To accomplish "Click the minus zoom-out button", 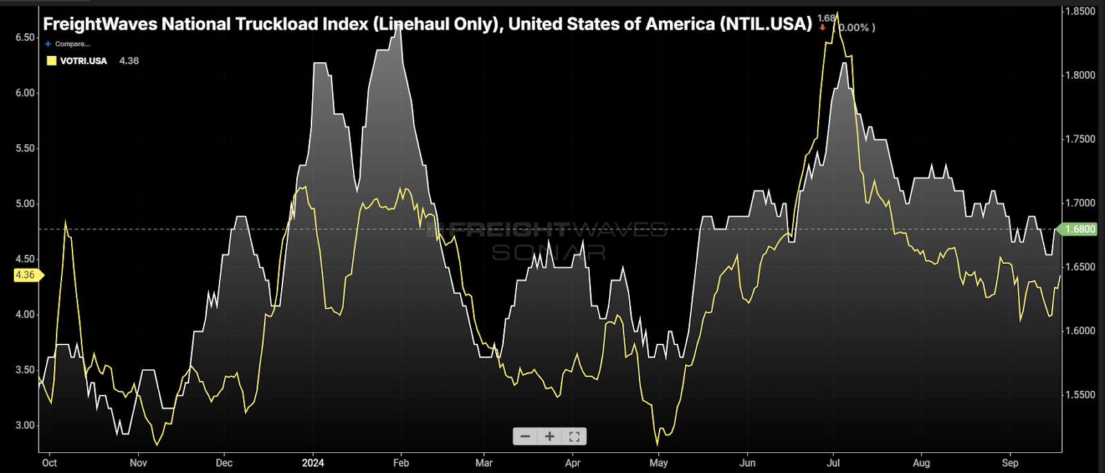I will click(526, 436).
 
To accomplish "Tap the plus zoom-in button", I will click(550, 436).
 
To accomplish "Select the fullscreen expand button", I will click(574, 436).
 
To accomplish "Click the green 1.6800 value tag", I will click(1079, 229).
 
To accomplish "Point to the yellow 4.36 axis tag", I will click(26, 275).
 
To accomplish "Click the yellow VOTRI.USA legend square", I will click(51, 61).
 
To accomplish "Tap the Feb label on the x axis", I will click(401, 463).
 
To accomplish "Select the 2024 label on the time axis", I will click(313, 463).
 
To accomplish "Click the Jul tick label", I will click(834, 463).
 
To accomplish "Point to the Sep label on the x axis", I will click(1010, 463).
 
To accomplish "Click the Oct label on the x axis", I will click(49, 463).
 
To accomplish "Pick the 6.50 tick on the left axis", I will click(25, 37).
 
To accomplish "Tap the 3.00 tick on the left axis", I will click(25, 425).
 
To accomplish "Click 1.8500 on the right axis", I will click(1080, 11).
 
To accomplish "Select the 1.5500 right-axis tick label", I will click(1080, 395).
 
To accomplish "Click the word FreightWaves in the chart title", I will click(98, 24).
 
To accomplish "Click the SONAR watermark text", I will click(548, 253).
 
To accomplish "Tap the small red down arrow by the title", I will click(823, 28).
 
